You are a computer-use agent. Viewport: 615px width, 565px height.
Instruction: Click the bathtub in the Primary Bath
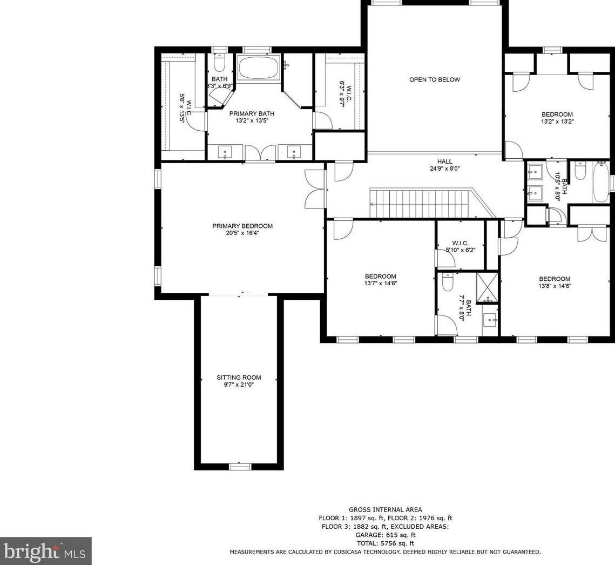click(x=259, y=68)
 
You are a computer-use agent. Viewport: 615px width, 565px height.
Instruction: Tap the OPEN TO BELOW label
click(x=435, y=79)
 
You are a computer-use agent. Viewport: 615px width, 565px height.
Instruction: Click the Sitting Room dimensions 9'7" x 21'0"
click(x=239, y=385)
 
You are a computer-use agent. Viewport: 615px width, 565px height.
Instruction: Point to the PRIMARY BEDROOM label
click(x=242, y=226)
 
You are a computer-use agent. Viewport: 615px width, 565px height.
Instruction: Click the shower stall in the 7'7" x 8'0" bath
click(x=487, y=288)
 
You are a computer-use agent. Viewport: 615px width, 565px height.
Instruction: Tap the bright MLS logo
click(x=45, y=551)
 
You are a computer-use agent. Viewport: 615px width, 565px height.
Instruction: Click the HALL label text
click(x=445, y=162)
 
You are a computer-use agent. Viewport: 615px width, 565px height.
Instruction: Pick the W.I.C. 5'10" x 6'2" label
click(x=461, y=246)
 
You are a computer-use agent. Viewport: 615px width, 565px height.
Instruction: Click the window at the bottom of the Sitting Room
click(x=240, y=467)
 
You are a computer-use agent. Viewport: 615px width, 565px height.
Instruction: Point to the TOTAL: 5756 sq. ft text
click(x=385, y=543)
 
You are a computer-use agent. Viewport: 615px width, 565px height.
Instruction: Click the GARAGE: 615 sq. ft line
click(x=385, y=535)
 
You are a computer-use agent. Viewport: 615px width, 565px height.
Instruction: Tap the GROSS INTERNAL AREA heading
click(x=386, y=510)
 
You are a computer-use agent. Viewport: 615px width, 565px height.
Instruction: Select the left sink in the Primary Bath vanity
click(x=225, y=152)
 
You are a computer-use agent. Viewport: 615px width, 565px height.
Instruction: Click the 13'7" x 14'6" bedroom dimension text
click(x=381, y=283)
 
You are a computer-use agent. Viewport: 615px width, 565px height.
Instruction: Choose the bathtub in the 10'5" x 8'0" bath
click(x=600, y=183)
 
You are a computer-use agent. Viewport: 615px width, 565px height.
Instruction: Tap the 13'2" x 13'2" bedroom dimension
click(x=557, y=122)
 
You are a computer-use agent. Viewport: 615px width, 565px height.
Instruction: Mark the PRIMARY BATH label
click(x=252, y=114)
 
